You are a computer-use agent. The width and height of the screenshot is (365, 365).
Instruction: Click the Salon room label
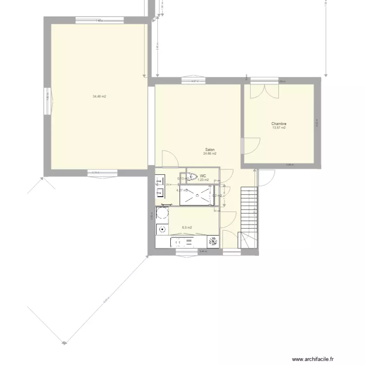tap(210, 150)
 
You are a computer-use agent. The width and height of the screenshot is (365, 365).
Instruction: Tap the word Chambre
tap(279, 124)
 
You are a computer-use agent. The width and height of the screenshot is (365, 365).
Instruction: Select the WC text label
tap(203, 176)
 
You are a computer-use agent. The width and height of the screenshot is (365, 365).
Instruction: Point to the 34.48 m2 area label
tap(99, 96)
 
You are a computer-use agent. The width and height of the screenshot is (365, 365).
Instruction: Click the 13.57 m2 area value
tap(279, 128)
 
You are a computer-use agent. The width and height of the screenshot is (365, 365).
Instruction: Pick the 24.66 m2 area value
tap(210, 153)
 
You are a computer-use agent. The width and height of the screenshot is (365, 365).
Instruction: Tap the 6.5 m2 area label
tap(187, 227)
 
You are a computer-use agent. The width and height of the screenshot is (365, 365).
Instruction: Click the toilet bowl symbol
tap(192, 177)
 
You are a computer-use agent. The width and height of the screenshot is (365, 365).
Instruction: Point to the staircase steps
tap(248, 209)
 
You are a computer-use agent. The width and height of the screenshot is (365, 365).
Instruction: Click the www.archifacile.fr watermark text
tap(313, 360)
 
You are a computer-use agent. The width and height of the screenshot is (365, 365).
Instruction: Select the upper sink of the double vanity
tap(159, 181)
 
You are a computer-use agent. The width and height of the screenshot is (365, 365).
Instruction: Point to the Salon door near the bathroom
tap(169, 159)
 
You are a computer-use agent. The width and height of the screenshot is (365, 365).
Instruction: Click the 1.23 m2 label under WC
tap(203, 180)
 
